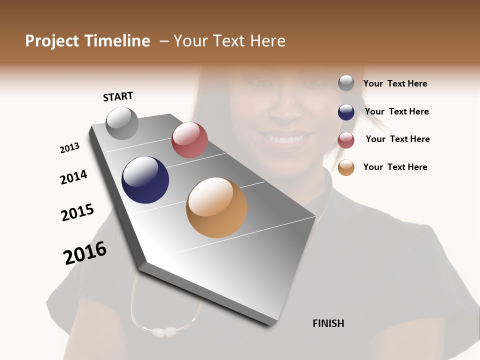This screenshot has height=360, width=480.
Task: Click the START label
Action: pos(118,96)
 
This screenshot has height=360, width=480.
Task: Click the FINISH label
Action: pos(328,323)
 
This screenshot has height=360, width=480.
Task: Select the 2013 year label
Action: pos(69,148)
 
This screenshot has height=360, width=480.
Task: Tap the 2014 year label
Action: pos(73,177)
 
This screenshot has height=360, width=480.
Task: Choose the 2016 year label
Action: pos(85,253)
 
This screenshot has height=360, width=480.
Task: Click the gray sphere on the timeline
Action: pos(122,123)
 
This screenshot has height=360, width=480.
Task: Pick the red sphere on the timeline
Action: pos(189,140)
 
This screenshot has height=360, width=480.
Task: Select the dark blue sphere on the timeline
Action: pos(145,180)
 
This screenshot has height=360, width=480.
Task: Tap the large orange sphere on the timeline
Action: pos(216,207)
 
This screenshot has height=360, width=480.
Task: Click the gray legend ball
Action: pos(346,83)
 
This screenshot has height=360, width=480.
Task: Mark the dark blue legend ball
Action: pos(346,112)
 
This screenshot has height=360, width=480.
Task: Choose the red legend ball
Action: pos(346,140)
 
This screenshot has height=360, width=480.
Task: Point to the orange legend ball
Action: pos(346,167)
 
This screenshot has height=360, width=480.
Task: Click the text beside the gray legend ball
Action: pos(395,83)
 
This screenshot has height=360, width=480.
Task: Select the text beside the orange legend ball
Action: pos(395,167)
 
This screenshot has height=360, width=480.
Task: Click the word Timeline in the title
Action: pos(117,41)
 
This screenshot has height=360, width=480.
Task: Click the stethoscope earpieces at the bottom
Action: pos(164,331)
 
